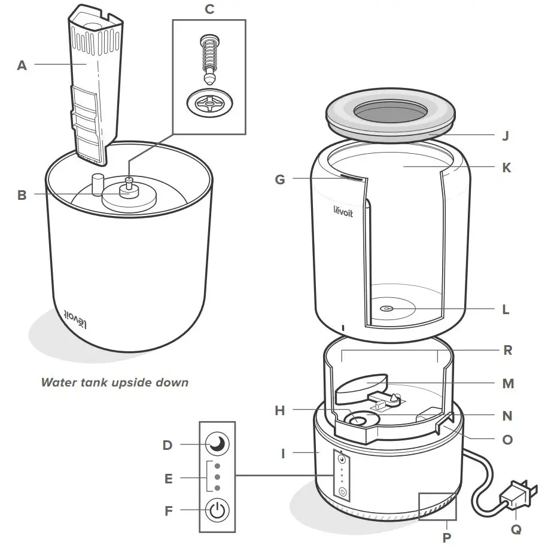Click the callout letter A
coord(22,66)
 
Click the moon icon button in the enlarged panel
coord(217,445)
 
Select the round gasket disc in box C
coord(208,105)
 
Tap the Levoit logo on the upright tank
coord(343,212)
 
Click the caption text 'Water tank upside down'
coord(114,382)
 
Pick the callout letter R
coord(507,351)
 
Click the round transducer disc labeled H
coord(358,421)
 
